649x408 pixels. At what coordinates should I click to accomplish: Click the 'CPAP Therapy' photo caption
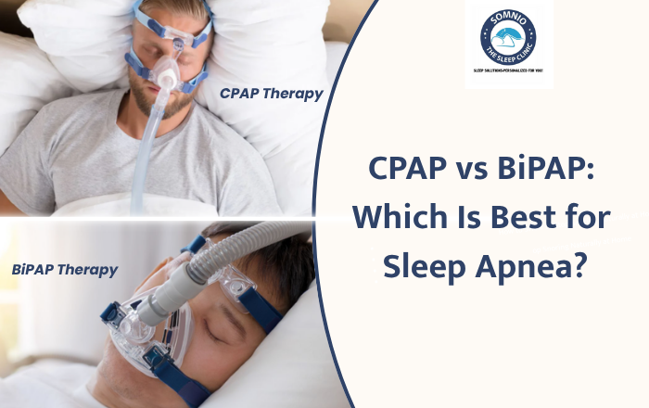pos(272,93)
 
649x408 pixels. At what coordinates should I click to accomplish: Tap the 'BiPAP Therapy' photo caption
pos(65,270)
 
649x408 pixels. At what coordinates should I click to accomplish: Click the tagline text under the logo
pos(508,70)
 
